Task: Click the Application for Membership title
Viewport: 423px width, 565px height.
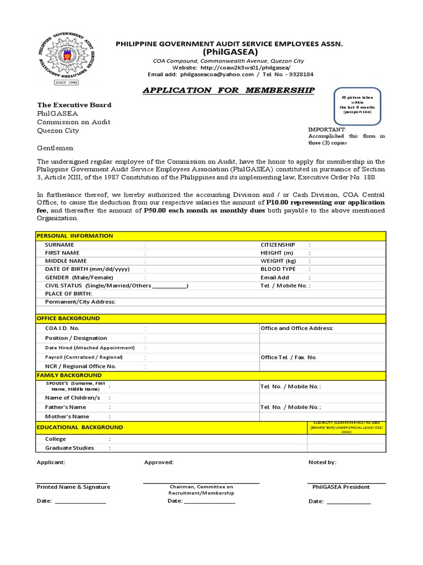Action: coord(229,90)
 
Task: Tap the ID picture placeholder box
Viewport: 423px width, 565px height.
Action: coord(357,105)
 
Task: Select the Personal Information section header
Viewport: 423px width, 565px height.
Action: coord(74,236)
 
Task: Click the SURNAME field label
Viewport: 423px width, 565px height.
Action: coord(59,244)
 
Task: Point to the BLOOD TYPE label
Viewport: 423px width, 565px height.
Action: coord(278,269)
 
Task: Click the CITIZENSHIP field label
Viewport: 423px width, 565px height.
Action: coord(278,244)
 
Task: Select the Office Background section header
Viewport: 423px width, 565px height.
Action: coord(68,318)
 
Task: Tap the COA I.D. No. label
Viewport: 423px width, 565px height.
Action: coord(62,328)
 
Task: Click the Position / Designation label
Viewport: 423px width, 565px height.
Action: coord(76,338)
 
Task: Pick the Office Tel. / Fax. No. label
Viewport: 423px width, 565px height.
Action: coord(289,358)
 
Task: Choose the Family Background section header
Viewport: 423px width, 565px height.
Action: coord(69,375)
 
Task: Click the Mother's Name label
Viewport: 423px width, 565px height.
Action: coord(67,417)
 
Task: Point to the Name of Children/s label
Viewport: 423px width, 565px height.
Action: coord(73,397)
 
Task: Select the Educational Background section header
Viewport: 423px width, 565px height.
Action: coord(80,427)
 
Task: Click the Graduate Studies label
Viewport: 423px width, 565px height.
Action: coord(69,448)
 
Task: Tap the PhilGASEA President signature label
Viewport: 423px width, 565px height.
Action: coord(341,487)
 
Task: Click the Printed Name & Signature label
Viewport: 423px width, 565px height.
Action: coord(73,487)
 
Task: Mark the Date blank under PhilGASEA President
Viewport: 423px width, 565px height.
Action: coord(349,502)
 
